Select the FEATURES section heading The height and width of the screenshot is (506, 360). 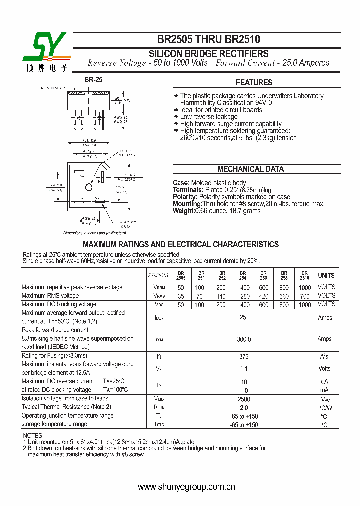[x=254, y=83]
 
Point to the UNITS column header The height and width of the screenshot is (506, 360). [x=326, y=275]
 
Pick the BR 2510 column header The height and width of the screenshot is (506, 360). [x=304, y=275]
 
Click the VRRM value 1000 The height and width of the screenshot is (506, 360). [x=304, y=288]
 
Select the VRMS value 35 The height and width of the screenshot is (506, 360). [x=181, y=296]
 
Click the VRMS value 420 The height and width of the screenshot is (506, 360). [x=263, y=296]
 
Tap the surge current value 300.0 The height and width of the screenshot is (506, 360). [x=243, y=339]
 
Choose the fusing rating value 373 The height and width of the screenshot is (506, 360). [x=243, y=356]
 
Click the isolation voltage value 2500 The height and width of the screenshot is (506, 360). [x=243, y=399]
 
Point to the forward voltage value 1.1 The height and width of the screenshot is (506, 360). [x=243, y=369]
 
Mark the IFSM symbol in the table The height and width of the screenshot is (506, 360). [x=159, y=339]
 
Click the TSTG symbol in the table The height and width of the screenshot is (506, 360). [x=159, y=425]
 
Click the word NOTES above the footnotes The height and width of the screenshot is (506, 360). [x=33, y=436]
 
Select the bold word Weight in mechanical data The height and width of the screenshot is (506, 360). [x=183, y=211]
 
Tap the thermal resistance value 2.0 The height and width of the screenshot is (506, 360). [x=243, y=407]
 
